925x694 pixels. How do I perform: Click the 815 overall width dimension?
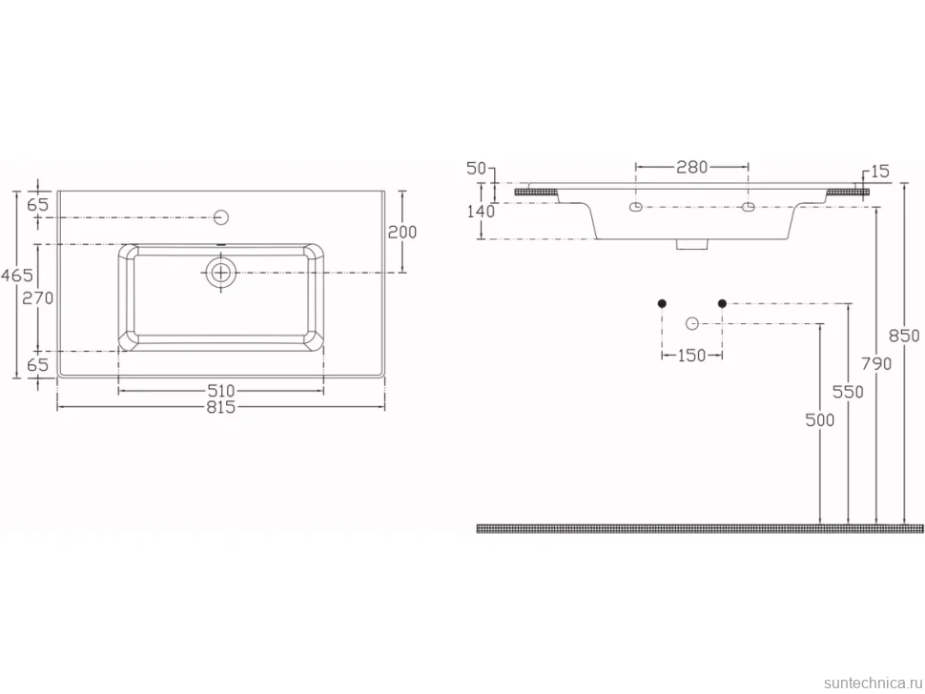(221, 407)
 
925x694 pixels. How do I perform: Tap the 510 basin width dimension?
(221, 391)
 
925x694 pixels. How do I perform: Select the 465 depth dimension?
(17, 275)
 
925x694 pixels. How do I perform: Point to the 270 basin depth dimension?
(38, 298)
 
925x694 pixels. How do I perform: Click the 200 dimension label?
(402, 233)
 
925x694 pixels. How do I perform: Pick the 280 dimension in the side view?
(691, 167)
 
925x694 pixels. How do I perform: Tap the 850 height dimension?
(904, 336)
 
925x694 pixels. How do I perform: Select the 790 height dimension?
(876, 364)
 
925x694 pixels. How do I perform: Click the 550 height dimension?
(848, 392)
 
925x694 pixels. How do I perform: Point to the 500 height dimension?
(820, 419)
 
